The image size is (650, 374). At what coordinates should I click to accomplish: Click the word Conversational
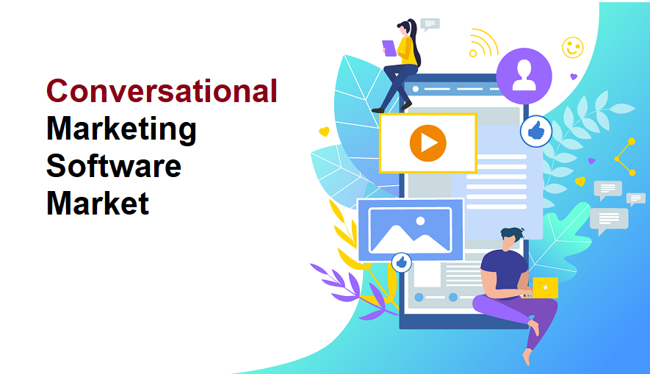click(x=162, y=91)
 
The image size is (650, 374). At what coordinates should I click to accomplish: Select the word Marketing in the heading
click(x=121, y=129)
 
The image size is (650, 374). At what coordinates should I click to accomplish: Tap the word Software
click(x=113, y=165)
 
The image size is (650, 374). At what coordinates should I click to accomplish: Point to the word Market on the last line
click(x=98, y=202)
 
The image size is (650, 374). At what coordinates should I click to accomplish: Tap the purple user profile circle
click(x=524, y=76)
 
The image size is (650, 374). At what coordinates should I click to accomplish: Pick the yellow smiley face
click(x=572, y=48)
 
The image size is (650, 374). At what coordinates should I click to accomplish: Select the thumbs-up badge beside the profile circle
click(x=536, y=132)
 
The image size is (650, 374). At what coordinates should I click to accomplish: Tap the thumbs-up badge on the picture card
click(x=401, y=262)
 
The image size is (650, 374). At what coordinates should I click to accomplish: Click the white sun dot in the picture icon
click(x=420, y=220)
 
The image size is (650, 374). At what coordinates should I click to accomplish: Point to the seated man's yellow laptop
click(x=545, y=287)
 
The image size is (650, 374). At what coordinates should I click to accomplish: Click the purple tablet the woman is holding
click(x=389, y=48)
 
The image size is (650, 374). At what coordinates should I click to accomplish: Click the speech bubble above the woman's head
click(x=430, y=24)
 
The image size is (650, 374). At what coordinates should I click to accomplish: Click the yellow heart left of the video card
click(x=324, y=132)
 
